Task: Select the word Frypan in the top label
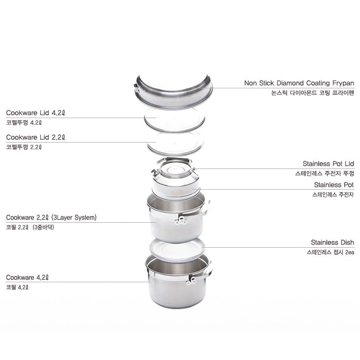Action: (343, 84)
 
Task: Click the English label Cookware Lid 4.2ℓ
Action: (36, 113)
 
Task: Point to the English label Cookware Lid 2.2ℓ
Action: (36, 137)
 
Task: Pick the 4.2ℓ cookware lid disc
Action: (175, 120)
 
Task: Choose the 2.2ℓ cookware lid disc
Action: (175, 144)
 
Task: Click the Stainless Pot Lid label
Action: (328, 164)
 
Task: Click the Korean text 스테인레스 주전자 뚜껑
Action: (324, 173)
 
